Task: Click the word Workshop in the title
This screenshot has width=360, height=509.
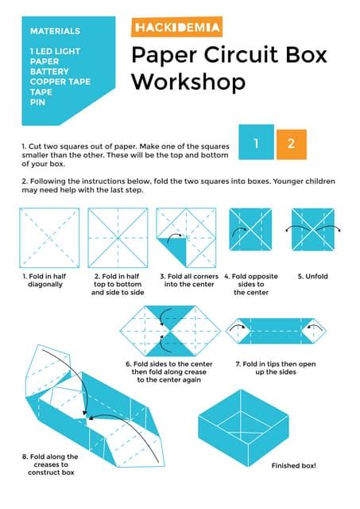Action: coord(188,81)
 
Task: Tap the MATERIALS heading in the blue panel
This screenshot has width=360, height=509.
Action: coord(55,31)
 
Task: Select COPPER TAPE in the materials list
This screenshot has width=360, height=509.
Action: coord(60,81)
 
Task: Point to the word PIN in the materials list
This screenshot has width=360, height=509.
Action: coord(37,102)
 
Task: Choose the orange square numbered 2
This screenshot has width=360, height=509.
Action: coord(292,144)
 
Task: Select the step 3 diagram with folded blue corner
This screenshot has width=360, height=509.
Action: coord(184,237)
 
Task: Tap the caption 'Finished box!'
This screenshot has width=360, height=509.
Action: coord(294,464)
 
